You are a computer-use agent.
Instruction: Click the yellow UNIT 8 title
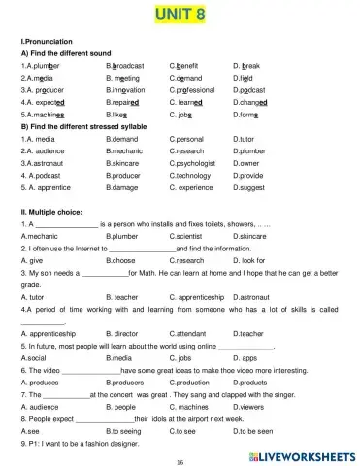pyautogui.click(x=180, y=14)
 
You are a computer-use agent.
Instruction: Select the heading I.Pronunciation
pyautogui.click(x=44, y=42)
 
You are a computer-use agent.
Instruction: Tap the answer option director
pyautogui.click(x=127, y=332)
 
